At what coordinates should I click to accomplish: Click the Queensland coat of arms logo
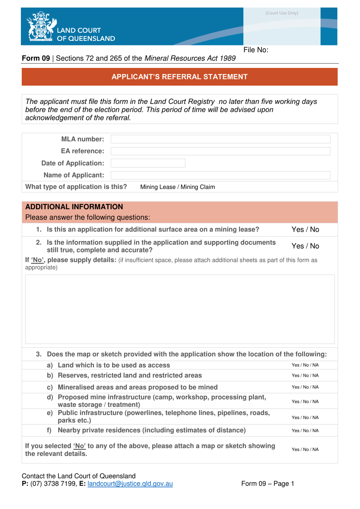(41, 26)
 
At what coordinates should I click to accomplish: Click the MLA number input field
(220, 139)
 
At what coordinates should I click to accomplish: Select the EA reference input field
(220, 151)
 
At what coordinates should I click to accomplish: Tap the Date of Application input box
(148, 163)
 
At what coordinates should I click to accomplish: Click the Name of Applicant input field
(220, 175)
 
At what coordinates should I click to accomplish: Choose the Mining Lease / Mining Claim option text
(177, 187)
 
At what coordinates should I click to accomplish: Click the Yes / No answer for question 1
(305, 229)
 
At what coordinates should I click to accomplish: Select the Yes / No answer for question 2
(305, 246)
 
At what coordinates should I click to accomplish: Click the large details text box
(180, 309)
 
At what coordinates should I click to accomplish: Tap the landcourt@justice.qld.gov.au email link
(130, 484)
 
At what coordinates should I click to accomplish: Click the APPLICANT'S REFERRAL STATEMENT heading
(179, 77)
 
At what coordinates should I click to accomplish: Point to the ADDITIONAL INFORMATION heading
(74, 207)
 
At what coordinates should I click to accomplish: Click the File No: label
(256, 50)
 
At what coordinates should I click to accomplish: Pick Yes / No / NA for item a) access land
(305, 365)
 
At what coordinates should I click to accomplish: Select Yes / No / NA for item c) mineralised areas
(305, 387)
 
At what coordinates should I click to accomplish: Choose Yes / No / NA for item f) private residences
(305, 430)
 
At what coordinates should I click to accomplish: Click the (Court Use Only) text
(282, 13)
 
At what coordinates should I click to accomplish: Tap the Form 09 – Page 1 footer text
(268, 484)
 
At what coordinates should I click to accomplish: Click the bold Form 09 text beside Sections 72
(36, 58)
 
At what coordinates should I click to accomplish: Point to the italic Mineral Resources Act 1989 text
(190, 58)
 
